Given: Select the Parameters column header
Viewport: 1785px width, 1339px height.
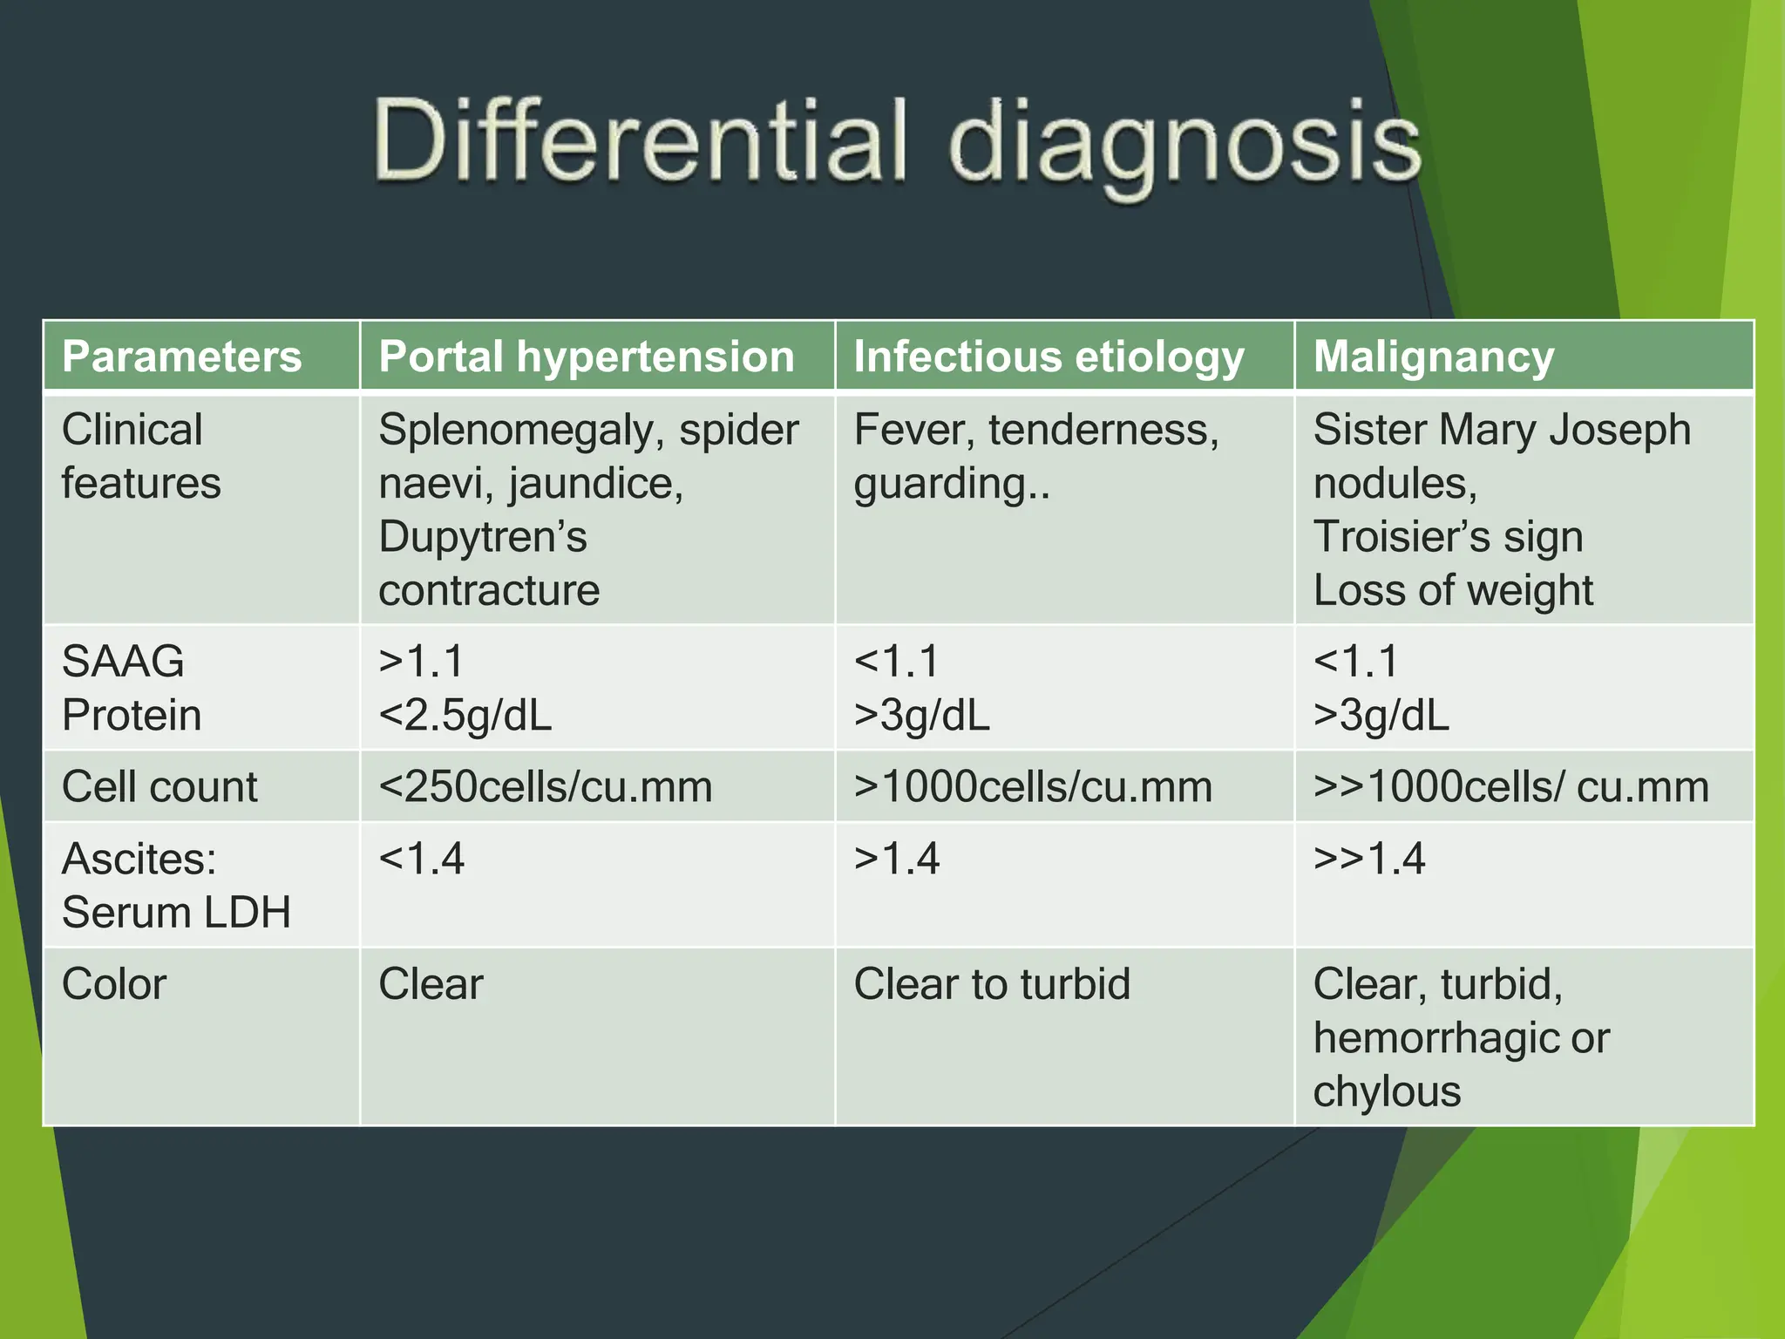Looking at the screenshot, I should point(181,357).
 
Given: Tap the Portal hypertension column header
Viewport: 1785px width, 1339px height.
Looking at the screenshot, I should point(586,357).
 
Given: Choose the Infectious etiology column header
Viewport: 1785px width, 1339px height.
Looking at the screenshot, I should point(1049,357).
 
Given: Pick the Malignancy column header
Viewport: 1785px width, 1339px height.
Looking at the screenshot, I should point(1433,357).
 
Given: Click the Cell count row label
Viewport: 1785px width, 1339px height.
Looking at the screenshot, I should point(159,786).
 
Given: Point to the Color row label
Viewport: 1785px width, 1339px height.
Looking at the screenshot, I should point(114,984).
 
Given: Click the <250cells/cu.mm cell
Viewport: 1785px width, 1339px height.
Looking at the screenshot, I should point(545,786).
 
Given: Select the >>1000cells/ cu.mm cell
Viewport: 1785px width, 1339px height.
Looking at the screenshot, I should point(1510,786).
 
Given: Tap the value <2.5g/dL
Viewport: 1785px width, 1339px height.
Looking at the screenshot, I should point(465,716).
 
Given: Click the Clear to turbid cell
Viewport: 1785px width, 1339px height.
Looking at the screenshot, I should point(991,984).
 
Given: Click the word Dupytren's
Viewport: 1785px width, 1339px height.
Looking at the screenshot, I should point(482,537).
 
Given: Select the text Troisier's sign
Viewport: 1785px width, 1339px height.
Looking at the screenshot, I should point(1448,537).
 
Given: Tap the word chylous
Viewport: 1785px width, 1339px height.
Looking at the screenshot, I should point(1386,1091).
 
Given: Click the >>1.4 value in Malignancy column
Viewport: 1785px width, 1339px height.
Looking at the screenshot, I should point(1368,859).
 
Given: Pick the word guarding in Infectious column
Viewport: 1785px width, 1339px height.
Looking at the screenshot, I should point(940,484).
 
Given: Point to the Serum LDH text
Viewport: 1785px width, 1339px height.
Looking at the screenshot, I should point(176,913).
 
